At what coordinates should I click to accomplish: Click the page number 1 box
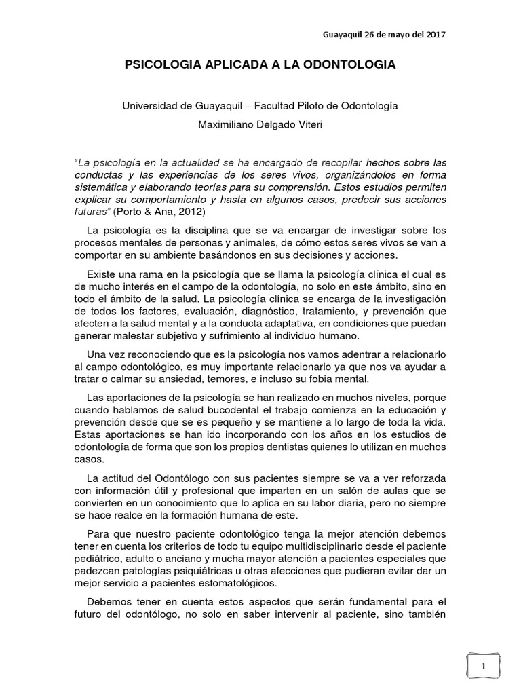click(x=484, y=667)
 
